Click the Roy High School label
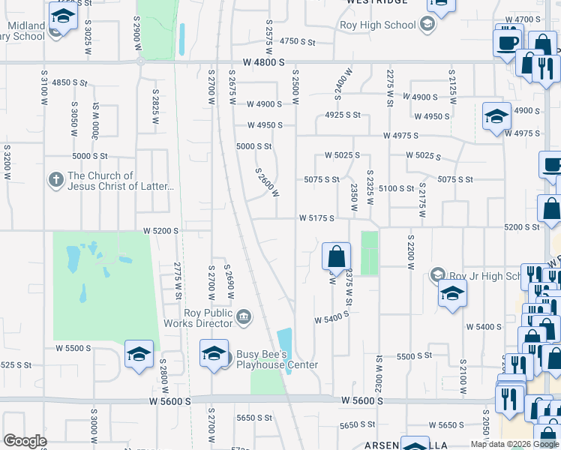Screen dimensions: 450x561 (388, 25)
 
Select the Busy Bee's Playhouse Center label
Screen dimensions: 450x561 (277, 360)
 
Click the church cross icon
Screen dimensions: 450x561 (55, 181)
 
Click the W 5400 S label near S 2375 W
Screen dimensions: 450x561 (329, 317)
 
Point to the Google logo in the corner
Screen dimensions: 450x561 (25, 441)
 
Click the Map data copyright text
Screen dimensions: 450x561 (514, 444)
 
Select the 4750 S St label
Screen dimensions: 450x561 (298, 42)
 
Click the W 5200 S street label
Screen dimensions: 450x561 (161, 231)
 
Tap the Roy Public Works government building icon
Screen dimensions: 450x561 (243, 318)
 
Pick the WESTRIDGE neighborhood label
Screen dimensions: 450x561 (377, 2)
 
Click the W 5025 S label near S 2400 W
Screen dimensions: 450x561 (342, 155)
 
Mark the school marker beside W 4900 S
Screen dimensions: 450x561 (496, 116)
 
